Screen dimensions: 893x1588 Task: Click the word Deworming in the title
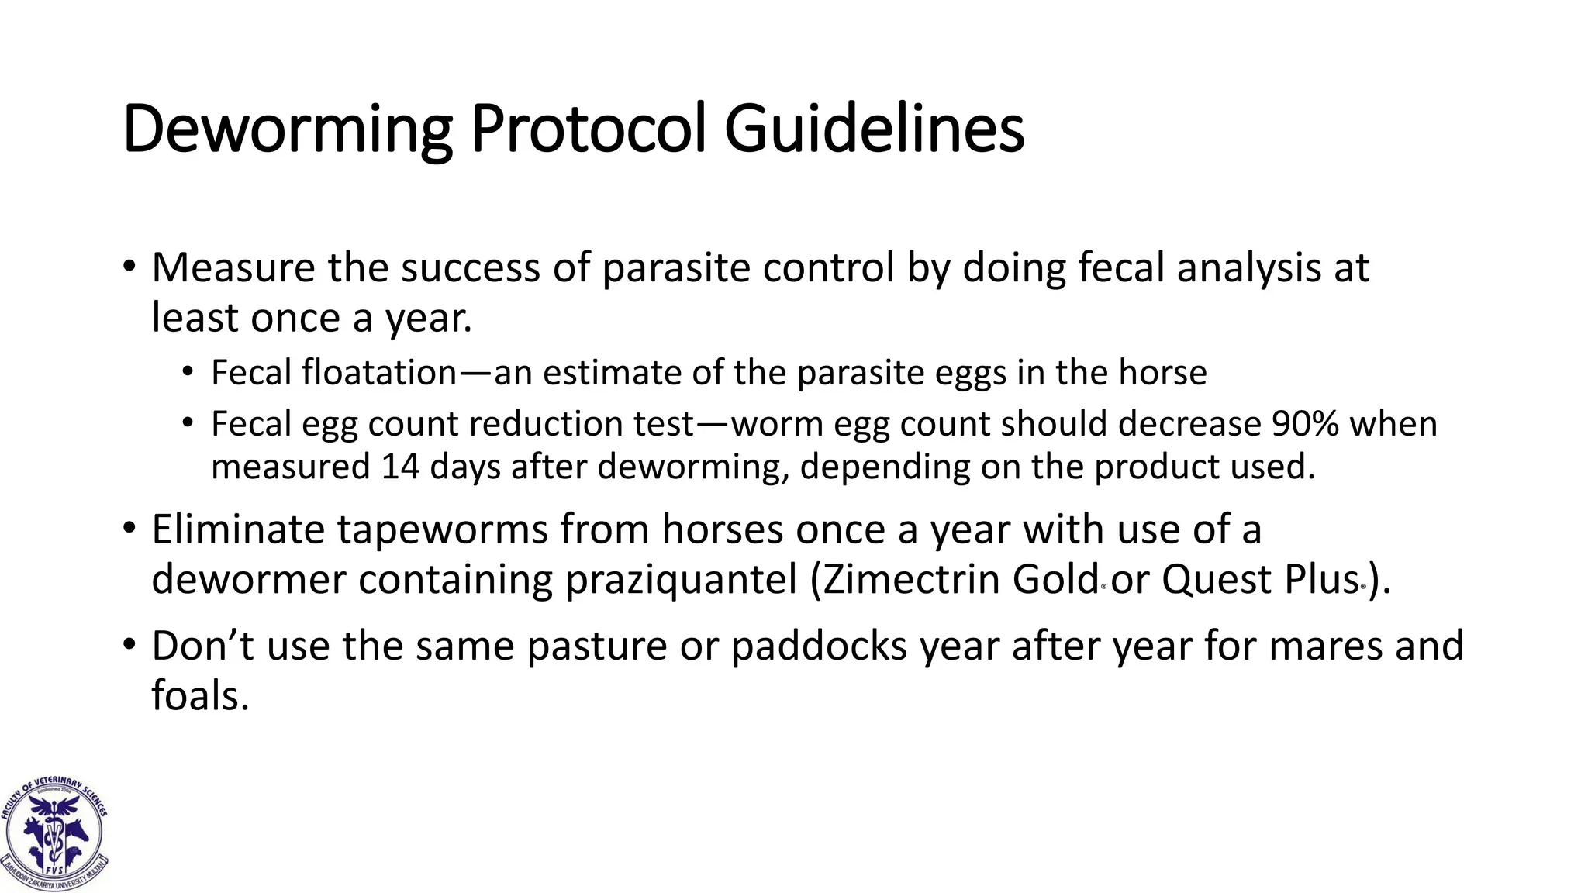point(287,129)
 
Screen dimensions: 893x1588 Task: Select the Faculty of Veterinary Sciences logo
point(54,833)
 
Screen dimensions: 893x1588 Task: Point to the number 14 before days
point(399,467)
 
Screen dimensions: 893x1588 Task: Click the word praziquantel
point(682,579)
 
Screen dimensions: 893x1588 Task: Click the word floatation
point(379,373)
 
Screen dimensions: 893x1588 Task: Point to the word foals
point(200,695)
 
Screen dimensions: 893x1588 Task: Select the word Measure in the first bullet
point(233,268)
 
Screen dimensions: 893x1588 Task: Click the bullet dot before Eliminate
point(129,529)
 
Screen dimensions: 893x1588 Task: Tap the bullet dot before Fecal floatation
point(188,373)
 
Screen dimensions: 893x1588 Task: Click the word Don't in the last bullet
point(203,646)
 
